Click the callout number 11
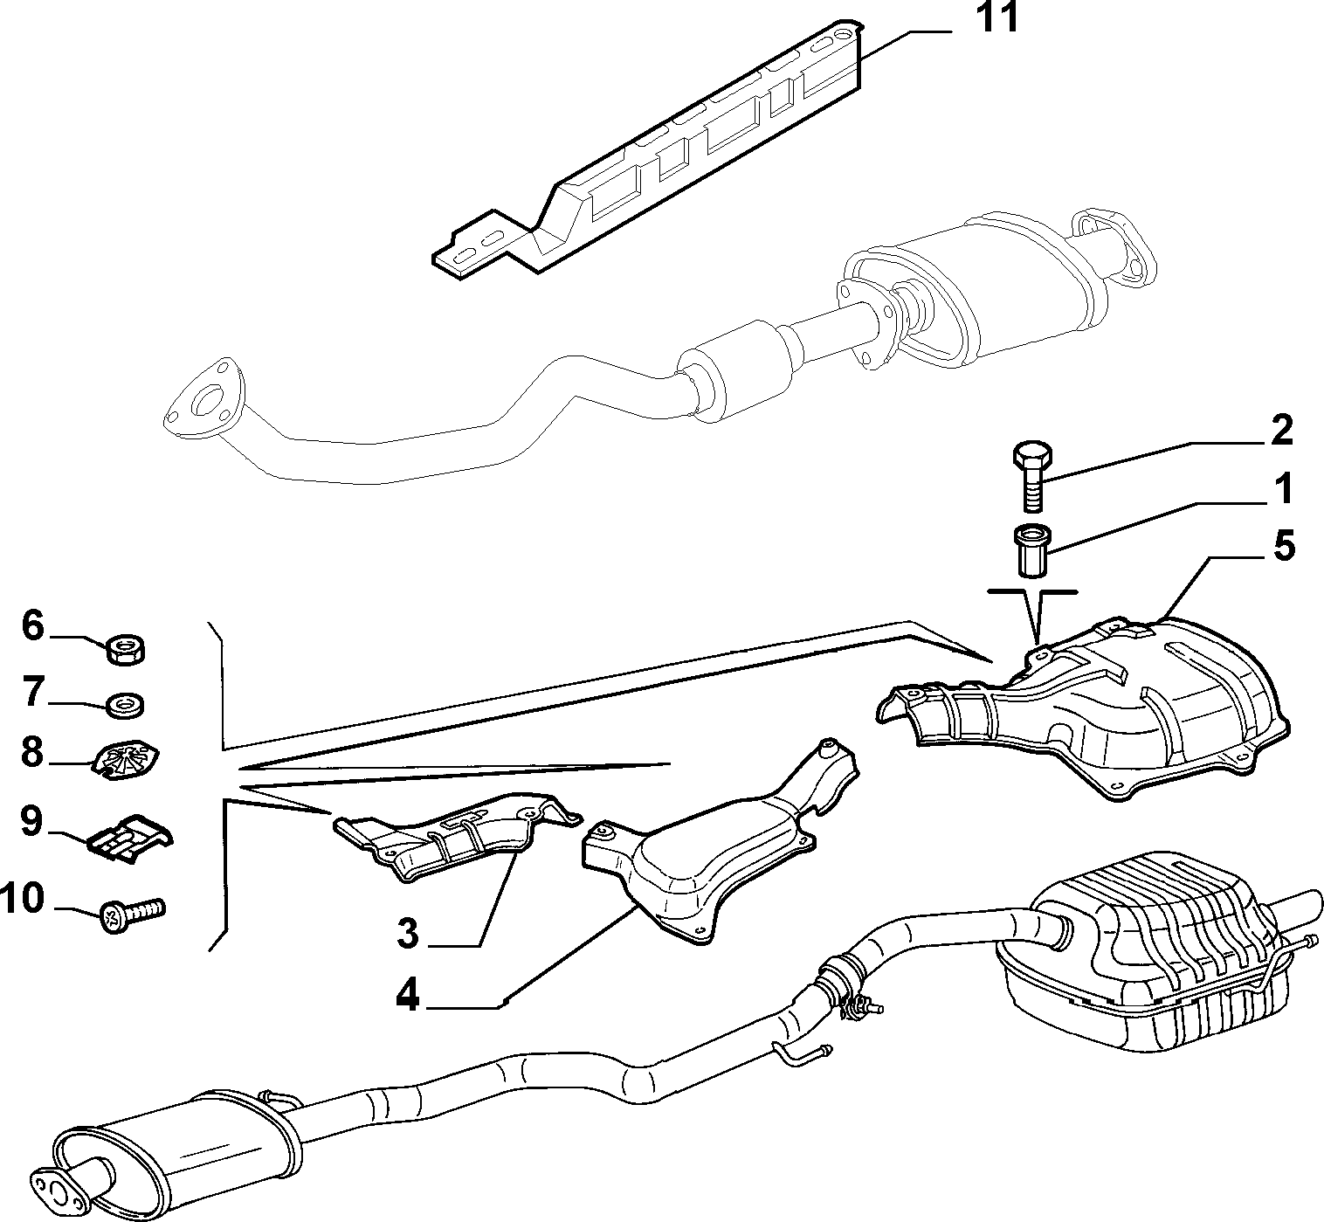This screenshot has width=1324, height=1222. pos(998,18)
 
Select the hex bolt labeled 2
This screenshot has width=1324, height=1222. pos(1032,475)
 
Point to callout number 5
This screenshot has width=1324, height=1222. pos(1284,545)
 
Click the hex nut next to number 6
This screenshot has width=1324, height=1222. pos(127,650)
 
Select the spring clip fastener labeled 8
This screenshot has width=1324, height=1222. pos(125,762)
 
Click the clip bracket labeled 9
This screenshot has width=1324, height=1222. pos(131,837)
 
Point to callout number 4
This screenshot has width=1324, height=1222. pos(407,996)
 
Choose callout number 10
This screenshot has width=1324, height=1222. pos(22,898)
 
